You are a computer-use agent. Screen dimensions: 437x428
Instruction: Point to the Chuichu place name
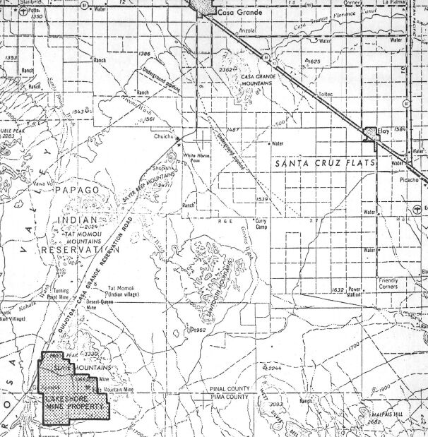tap(163, 138)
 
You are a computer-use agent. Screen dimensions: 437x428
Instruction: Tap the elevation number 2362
tap(226, 71)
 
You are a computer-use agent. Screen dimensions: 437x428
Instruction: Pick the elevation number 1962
tap(198, 330)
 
